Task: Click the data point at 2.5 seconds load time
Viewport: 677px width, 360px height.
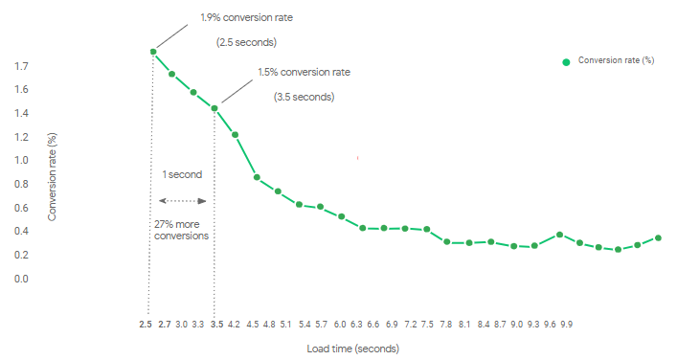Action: point(152,52)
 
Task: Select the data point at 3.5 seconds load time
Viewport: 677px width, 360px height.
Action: point(214,108)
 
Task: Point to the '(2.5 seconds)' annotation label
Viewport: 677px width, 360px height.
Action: point(244,42)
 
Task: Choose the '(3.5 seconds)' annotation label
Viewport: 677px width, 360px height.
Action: point(304,97)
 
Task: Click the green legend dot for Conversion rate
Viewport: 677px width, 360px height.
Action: point(566,61)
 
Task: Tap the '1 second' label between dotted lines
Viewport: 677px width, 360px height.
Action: point(182,175)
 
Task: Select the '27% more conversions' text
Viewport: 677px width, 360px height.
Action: point(181,230)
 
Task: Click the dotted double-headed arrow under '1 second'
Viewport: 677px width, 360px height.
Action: point(182,201)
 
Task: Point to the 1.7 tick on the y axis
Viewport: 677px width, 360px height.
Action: point(22,66)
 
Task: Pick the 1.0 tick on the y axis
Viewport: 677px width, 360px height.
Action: point(22,160)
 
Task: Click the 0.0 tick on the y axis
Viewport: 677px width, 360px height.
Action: point(22,279)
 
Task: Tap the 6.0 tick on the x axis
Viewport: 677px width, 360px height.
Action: point(341,326)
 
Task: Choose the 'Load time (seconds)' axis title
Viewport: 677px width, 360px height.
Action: point(352,349)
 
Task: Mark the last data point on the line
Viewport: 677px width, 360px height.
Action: point(659,237)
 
